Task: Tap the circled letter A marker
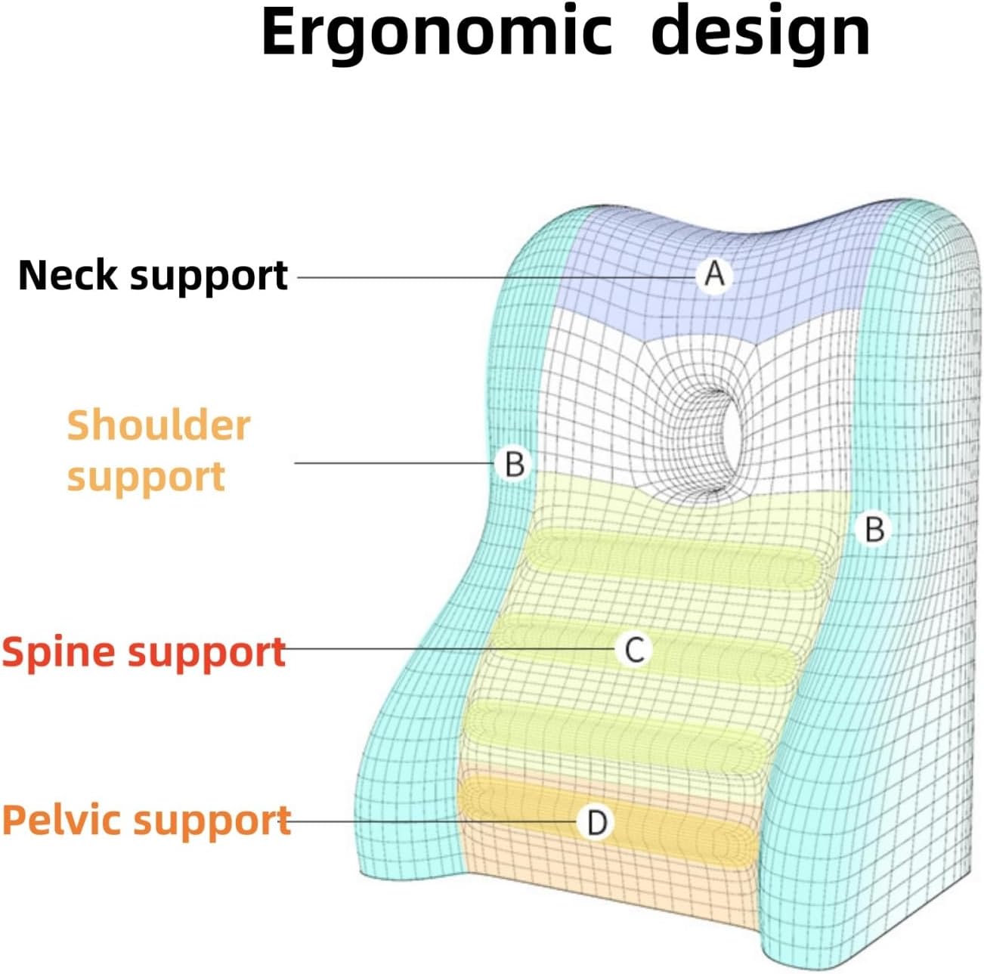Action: [x=714, y=276]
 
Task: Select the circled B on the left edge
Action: [x=514, y=464]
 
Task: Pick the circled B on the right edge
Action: [x=874, y=529]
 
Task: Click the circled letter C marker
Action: [x=634, y=649]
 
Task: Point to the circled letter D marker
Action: [x=596, y=822]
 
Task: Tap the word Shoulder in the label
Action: [x=158, y=426]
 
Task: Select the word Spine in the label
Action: [x=59, y=651]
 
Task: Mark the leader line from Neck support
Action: [x=497, y=277]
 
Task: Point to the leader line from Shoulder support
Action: [x=395, y=462]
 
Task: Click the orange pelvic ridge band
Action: [x=606, y=821]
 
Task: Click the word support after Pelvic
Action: [x=212, y=822]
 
